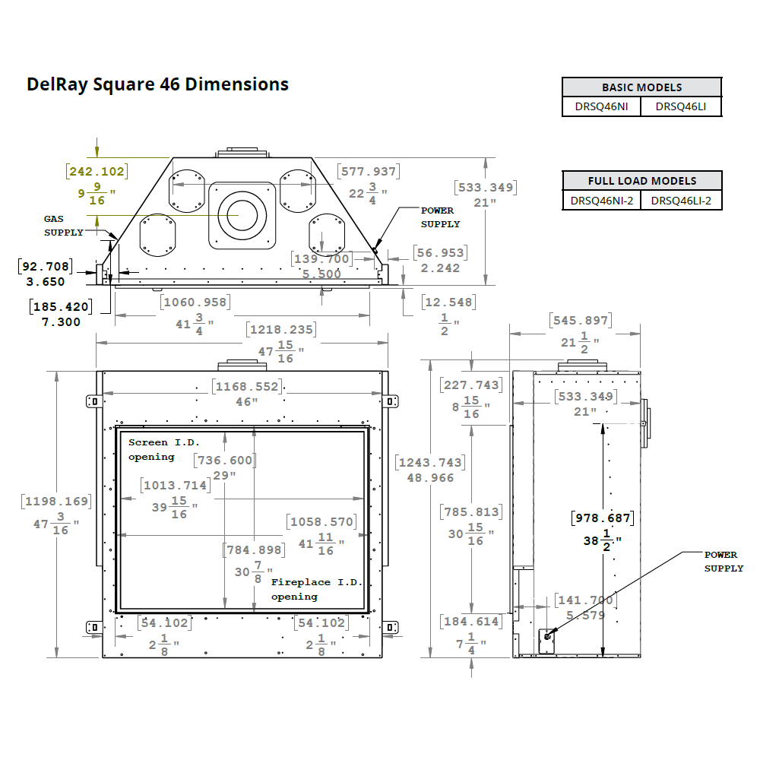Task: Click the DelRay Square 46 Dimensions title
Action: coord(157,84)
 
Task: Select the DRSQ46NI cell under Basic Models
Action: coord(602,107)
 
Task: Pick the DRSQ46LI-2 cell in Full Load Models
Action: coord(681,201)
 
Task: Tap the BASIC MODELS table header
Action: coord(641,87)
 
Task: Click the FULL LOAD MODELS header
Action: coord(641,181)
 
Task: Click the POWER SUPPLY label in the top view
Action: coord(440,217)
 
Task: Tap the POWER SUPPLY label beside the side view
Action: coord(723,562)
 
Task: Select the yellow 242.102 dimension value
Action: coord(97,172)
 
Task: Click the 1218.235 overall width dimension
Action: coord(280,330)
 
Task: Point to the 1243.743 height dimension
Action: coord(429,462)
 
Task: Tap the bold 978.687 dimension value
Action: coord(601,518)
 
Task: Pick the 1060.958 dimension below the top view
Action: coord(194,302)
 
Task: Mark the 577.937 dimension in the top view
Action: coord(368,172)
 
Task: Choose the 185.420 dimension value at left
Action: coord(60,307)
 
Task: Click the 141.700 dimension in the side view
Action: coord(584,600)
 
